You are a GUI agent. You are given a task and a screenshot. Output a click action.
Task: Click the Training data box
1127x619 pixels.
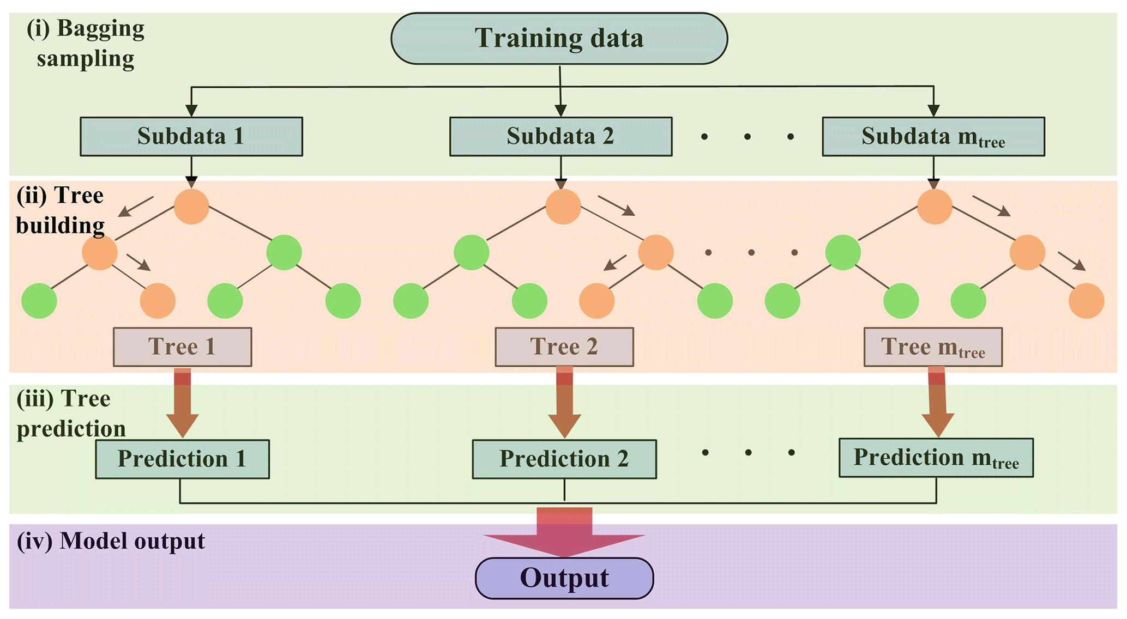[x=559, y=39]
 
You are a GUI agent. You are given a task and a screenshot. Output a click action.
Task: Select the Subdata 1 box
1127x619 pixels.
[x=191, y=136]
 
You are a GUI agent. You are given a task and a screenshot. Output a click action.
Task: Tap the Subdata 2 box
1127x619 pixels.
[x=561, y=136]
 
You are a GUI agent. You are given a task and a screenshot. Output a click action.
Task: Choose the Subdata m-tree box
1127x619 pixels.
[x=933, y=136]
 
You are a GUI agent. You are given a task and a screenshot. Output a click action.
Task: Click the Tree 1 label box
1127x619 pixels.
[x=182, y=347]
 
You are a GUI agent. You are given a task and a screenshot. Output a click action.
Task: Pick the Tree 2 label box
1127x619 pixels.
[x=564, y=347]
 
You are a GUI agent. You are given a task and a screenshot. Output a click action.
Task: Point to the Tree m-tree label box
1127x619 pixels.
[x=932, y=347]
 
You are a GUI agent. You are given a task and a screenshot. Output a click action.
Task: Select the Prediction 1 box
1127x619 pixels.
[x=182, y=459]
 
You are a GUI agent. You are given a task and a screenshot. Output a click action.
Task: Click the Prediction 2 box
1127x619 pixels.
[x=564, y=459]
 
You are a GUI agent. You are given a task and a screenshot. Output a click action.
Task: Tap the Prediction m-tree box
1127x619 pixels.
[x=936, y=458]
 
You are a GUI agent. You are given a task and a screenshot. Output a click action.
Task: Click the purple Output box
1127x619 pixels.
[x=564, y=578]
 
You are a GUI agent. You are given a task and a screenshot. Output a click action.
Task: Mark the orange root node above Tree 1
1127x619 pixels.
[x=191, y=207]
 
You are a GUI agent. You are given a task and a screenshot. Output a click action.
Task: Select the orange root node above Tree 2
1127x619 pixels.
[x=563, y=207]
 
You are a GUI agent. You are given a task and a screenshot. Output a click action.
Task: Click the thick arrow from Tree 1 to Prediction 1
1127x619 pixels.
[x=182, y=403]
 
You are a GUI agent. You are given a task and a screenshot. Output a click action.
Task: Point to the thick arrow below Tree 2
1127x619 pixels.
[x=564, y=403]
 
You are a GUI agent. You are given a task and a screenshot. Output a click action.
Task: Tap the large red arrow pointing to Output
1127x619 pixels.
[x=564, y=534]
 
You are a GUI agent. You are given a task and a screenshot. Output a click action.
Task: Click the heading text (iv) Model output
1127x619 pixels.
[x=111, y=541]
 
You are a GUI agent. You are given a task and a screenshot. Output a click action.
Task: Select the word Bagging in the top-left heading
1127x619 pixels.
[x=100, y=28]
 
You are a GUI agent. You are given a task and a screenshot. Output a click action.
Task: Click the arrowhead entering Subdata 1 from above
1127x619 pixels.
[x=191, y=110]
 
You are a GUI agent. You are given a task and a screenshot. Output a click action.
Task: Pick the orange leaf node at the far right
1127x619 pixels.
[x=1086, y=301]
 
